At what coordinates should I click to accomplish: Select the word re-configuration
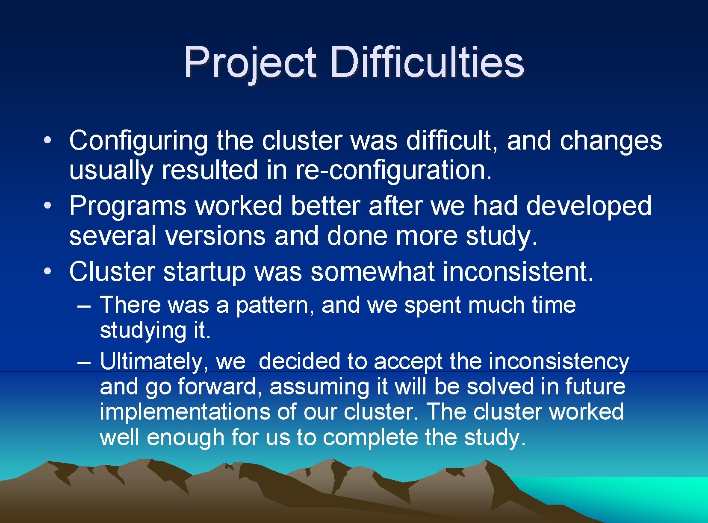coord(393,170)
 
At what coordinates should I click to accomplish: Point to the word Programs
coord(128,206)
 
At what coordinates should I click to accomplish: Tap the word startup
coord(204,272)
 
